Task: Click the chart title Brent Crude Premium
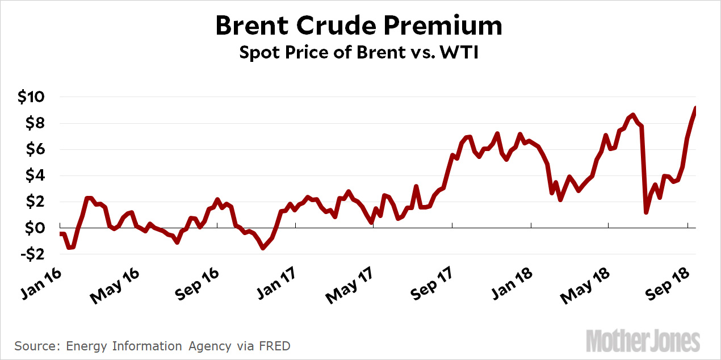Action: tap(359, 27)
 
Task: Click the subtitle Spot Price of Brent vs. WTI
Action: tap(359, 53)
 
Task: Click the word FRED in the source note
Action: tap(278, 346)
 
